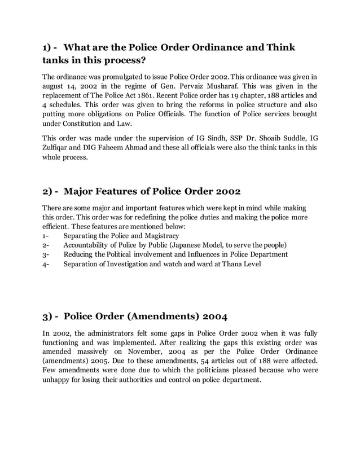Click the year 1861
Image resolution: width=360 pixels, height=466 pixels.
point(147,95)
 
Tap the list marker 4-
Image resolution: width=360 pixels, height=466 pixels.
point(46,264)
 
